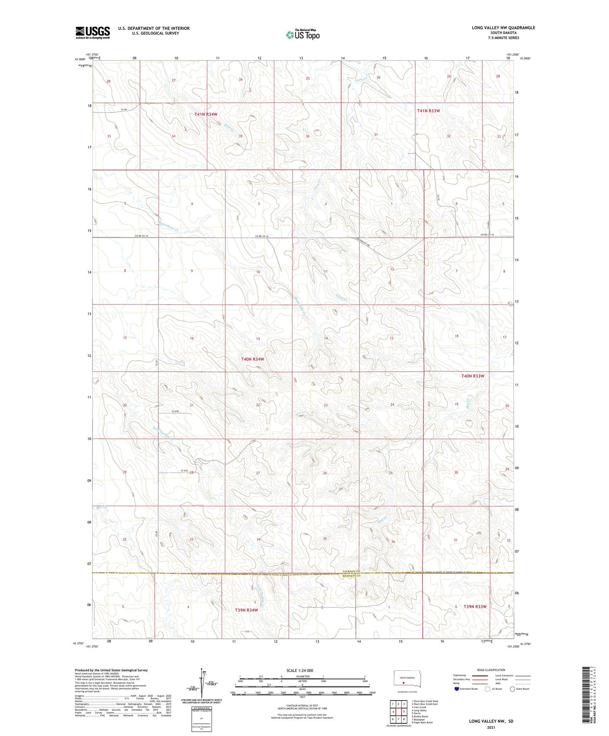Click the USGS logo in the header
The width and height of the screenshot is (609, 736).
[93, 32]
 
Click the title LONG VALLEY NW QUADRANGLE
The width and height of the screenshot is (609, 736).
[503, 28]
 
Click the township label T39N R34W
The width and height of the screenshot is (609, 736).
[247, 610]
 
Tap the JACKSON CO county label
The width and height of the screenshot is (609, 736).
[351, 571]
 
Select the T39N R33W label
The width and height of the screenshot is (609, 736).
[475, 607]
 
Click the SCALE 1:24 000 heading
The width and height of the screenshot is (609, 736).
[300, 670]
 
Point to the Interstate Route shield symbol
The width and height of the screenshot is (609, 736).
[457, 689]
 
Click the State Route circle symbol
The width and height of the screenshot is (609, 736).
[512, 689]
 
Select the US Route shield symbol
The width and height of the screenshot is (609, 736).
[488, 689]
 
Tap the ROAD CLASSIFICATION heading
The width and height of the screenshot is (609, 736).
[491, 670]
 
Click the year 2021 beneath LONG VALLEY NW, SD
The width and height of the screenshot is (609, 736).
[491, 728]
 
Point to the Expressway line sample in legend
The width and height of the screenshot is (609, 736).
[480, 676]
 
